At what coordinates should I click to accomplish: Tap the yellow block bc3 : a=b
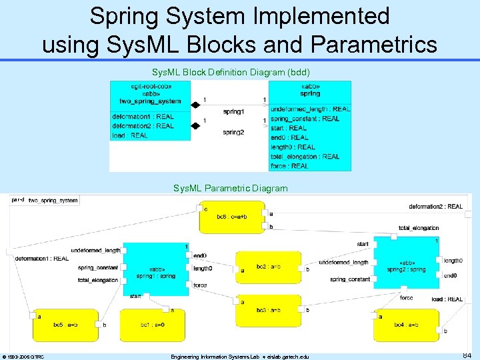[x=267, y=310]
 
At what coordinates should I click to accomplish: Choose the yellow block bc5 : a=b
[x=65, y=324]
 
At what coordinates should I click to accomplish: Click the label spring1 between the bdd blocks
[x=233, y=111]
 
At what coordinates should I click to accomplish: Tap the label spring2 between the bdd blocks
[x=233, y=132]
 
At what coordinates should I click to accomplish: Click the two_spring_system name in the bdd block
[x=150, y=101]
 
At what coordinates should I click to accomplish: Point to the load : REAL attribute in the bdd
[x=130, y=135]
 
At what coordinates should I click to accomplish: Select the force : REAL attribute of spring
[x=290, y=166]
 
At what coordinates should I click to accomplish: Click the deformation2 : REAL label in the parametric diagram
[x=435, y=207]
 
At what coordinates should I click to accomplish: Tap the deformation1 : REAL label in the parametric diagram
[x=42, y=258]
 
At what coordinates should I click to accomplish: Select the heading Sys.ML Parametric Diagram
[x=230, y=189]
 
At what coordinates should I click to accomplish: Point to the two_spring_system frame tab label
[x=53, y=200]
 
